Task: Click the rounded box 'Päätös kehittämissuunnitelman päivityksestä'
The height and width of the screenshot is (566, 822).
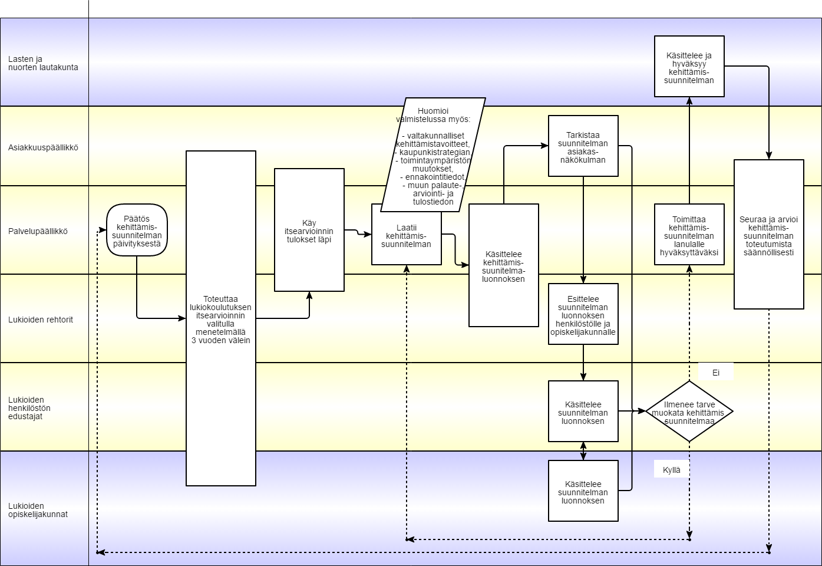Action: [137, 230]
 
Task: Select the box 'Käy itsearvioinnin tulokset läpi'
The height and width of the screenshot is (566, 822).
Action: [309, 230]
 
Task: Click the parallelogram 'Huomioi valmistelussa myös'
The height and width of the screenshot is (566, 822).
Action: [433, 155]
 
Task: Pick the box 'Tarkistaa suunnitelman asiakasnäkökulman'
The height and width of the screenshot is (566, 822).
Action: [583, 146]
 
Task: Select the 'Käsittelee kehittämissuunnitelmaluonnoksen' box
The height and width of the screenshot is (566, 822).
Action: [504, 265]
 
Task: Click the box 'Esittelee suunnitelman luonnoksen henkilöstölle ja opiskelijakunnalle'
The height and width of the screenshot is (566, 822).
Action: [583, 314]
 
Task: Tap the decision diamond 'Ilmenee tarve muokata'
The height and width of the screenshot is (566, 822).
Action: [689, 412]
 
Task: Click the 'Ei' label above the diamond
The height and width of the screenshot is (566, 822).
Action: [716, 373]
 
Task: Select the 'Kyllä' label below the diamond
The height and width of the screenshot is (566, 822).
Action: [672, 470]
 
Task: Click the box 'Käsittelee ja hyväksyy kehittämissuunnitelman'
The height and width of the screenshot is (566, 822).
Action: [689, 67]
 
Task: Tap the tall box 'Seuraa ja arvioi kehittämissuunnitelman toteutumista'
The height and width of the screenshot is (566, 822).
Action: [769, 235]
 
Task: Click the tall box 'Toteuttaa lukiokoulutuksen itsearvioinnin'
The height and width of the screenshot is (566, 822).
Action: [221, 318]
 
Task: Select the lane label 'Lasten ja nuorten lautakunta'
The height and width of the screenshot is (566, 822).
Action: [43, 63]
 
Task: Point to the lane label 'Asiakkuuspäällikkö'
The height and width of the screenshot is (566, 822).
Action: [43, 147]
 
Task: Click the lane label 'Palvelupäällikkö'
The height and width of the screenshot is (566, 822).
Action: [38, 231]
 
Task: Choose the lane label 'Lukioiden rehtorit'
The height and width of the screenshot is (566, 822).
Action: [41, 320]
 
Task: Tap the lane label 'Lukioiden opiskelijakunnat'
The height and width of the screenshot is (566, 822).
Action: [38, 510]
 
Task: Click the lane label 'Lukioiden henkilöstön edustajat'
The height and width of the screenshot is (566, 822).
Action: [29, 408]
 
